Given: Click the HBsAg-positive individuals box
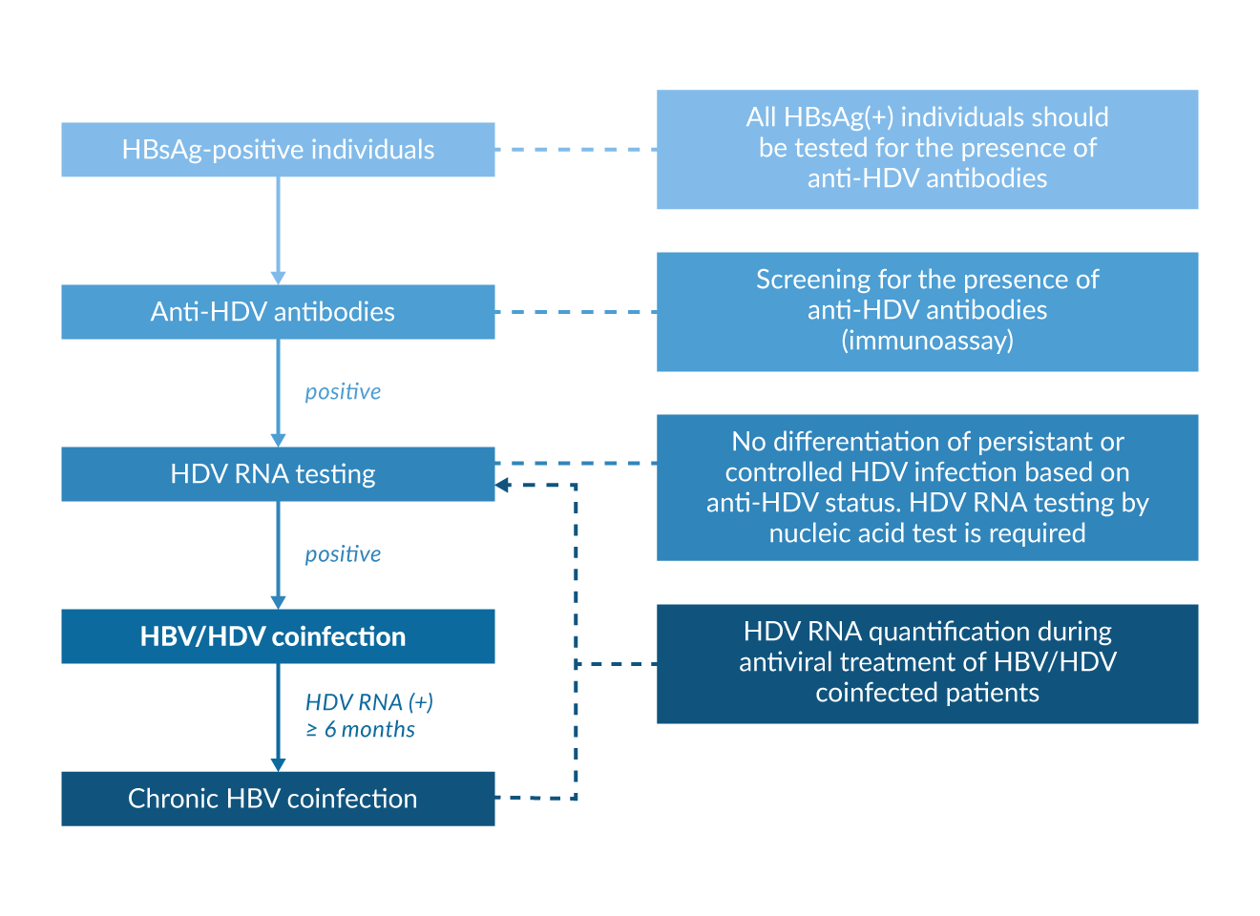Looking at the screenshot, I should (x=278, y=150).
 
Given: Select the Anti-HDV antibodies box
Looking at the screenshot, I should (x=278, y=312).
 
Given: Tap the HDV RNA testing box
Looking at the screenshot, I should (x=278, y=474).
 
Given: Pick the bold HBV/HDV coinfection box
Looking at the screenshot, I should (x=278, y=636).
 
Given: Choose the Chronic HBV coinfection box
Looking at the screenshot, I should (x=278, y=799).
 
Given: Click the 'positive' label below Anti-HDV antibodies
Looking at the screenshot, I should (x=343, y=392).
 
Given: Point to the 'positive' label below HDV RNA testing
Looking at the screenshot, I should (x=343, y=554).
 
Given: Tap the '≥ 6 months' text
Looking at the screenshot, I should (x=360, y=730).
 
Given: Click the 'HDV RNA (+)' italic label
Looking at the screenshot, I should (x=369, y=702).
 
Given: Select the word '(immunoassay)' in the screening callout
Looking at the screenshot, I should (x=927, y=341).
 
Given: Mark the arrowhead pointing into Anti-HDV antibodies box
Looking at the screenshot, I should (x=278, y=277).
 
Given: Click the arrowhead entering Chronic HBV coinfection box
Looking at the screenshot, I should (x=278, y=764).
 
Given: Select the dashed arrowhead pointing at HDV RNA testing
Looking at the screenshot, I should (x=503, y=486).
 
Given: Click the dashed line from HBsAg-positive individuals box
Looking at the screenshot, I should (x=576, y=150).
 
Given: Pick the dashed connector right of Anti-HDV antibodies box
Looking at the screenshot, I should (x=576, y=312).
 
